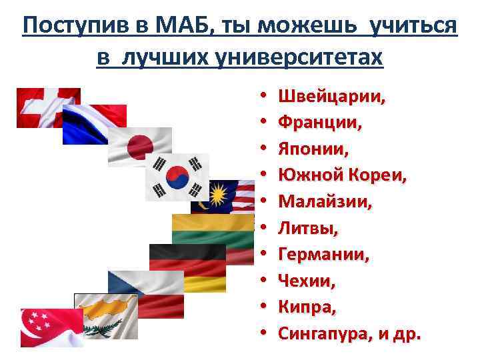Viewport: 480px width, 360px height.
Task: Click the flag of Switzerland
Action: coord(40,107)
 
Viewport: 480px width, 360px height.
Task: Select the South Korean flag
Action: coord(177,176)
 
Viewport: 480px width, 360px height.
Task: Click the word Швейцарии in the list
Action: coord(331,97)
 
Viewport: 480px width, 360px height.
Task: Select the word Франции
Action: coord(320,123)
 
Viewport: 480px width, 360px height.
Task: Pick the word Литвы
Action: coord(307,229)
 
